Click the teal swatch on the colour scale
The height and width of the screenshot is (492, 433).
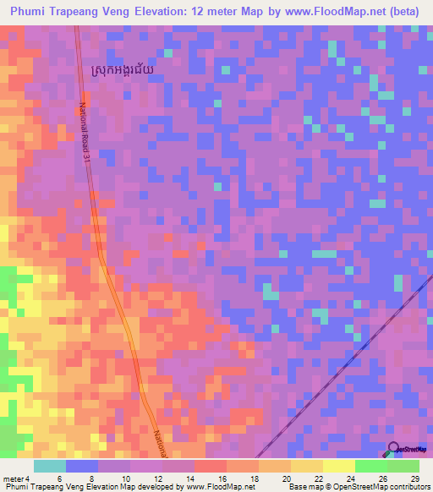(50, 466)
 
